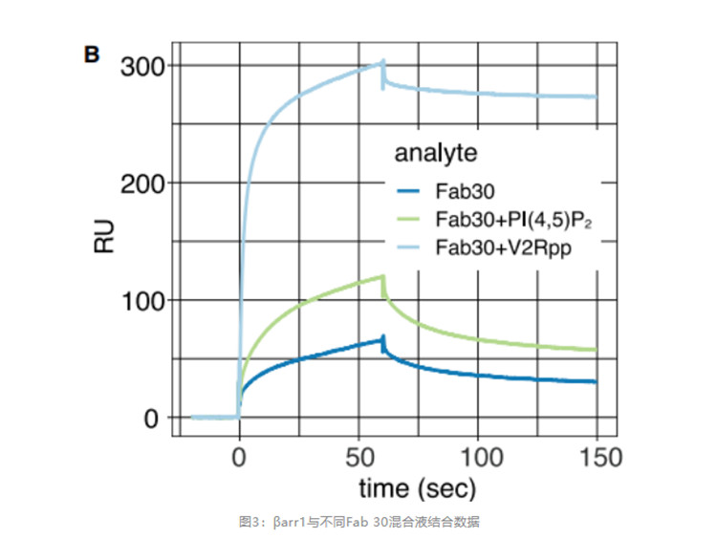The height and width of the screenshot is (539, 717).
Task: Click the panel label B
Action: pos(93,54)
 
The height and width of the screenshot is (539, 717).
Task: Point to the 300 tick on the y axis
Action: pos(142,66)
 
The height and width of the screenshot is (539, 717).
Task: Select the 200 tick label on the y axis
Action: pos(142,183)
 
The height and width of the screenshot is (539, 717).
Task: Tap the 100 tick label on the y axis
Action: pos(142,301)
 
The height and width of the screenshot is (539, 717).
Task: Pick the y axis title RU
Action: pos(104,240)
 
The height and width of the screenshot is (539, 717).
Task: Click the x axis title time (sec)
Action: pos(417,489)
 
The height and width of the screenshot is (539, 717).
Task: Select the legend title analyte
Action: pos(437,153)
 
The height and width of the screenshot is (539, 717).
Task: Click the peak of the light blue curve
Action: pos(383,61)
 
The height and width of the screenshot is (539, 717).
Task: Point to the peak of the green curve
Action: pos(382,276)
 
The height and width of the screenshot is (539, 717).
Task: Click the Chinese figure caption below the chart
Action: pos(359,522)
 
